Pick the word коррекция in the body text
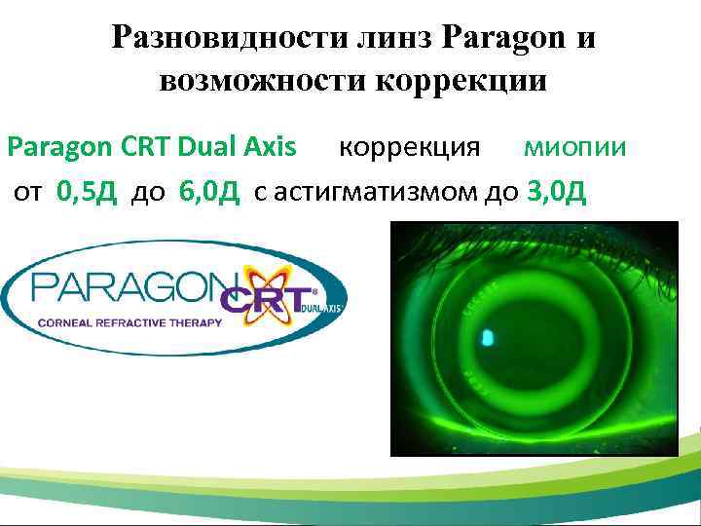coord(409,147)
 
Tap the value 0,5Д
coord(87,190)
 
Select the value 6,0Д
coord(209,190)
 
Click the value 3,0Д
coord(556,190)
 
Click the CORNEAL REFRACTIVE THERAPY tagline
coord(130,321)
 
